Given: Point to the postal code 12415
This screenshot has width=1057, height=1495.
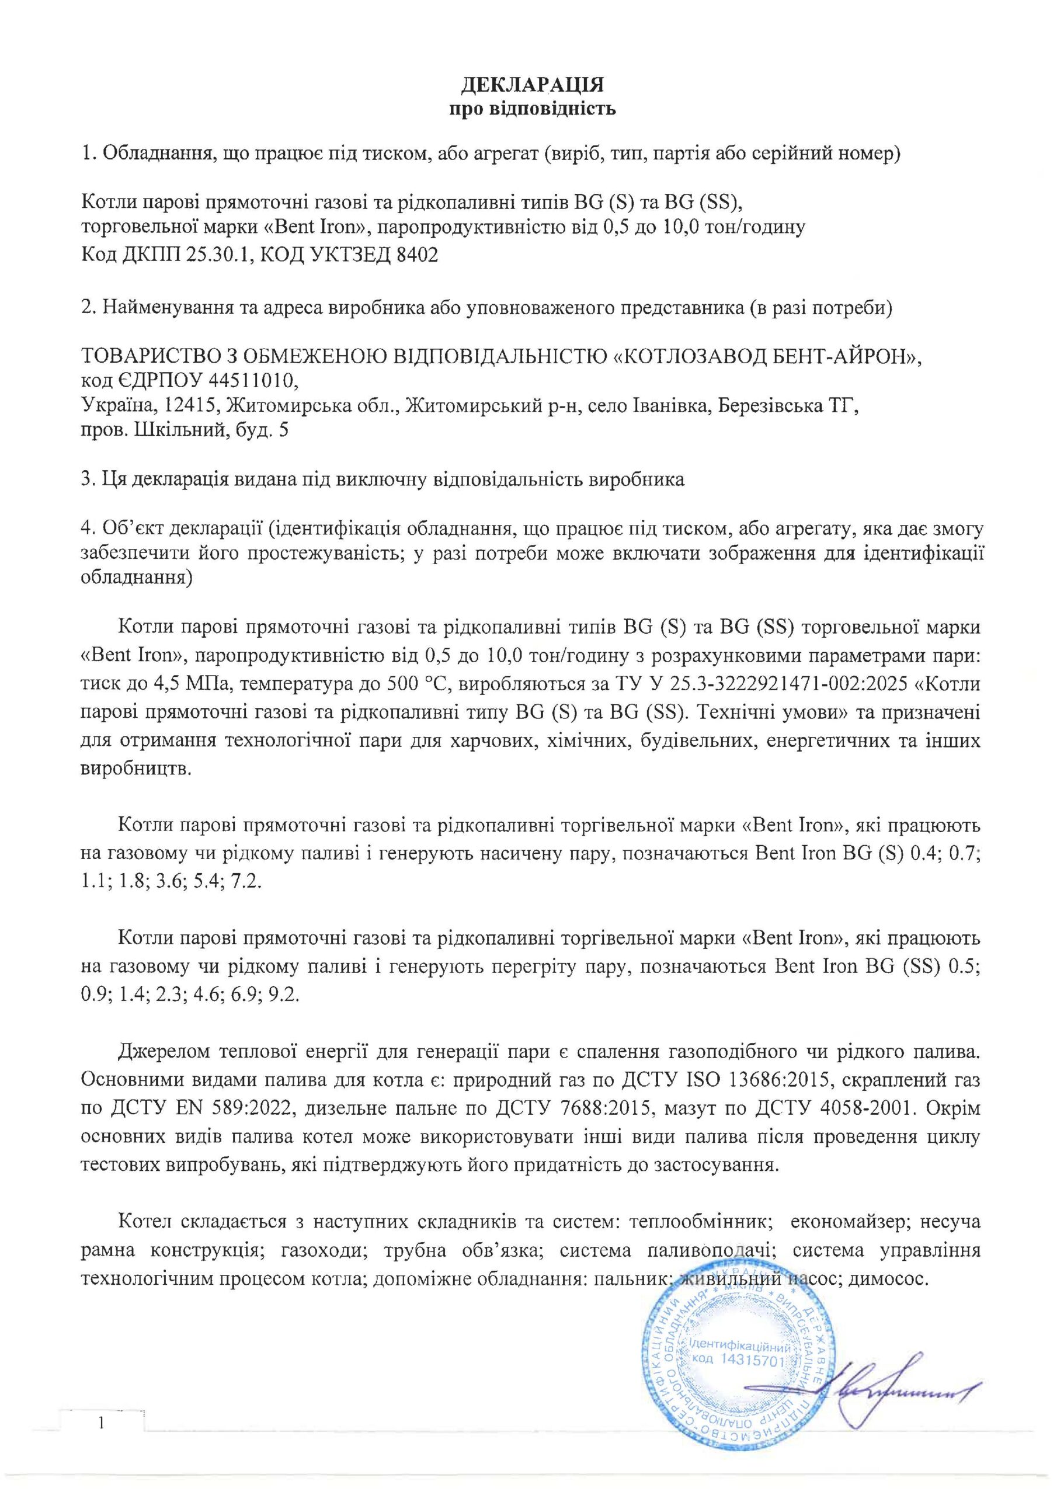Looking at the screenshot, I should point(185,406).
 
